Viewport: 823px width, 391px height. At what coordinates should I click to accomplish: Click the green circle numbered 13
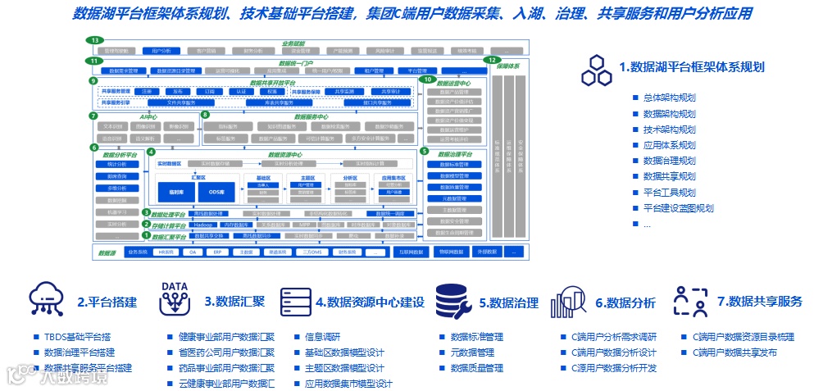click(x=96, y=40)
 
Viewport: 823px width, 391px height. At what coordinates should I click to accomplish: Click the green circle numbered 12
click(x=492, y=60)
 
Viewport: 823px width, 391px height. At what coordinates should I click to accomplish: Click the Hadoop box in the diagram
click(x=202, y=224)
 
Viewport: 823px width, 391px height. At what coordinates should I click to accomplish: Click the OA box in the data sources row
click(x=193, y=252)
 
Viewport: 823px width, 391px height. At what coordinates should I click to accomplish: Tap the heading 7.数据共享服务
click(x=759, y=302)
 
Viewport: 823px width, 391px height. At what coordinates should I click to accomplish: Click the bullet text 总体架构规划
click(x=669, y=98)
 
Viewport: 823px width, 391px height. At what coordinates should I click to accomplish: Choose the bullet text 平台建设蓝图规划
click(x=678, y=207)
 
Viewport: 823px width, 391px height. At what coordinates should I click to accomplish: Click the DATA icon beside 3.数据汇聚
click(x=174, y=300)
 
